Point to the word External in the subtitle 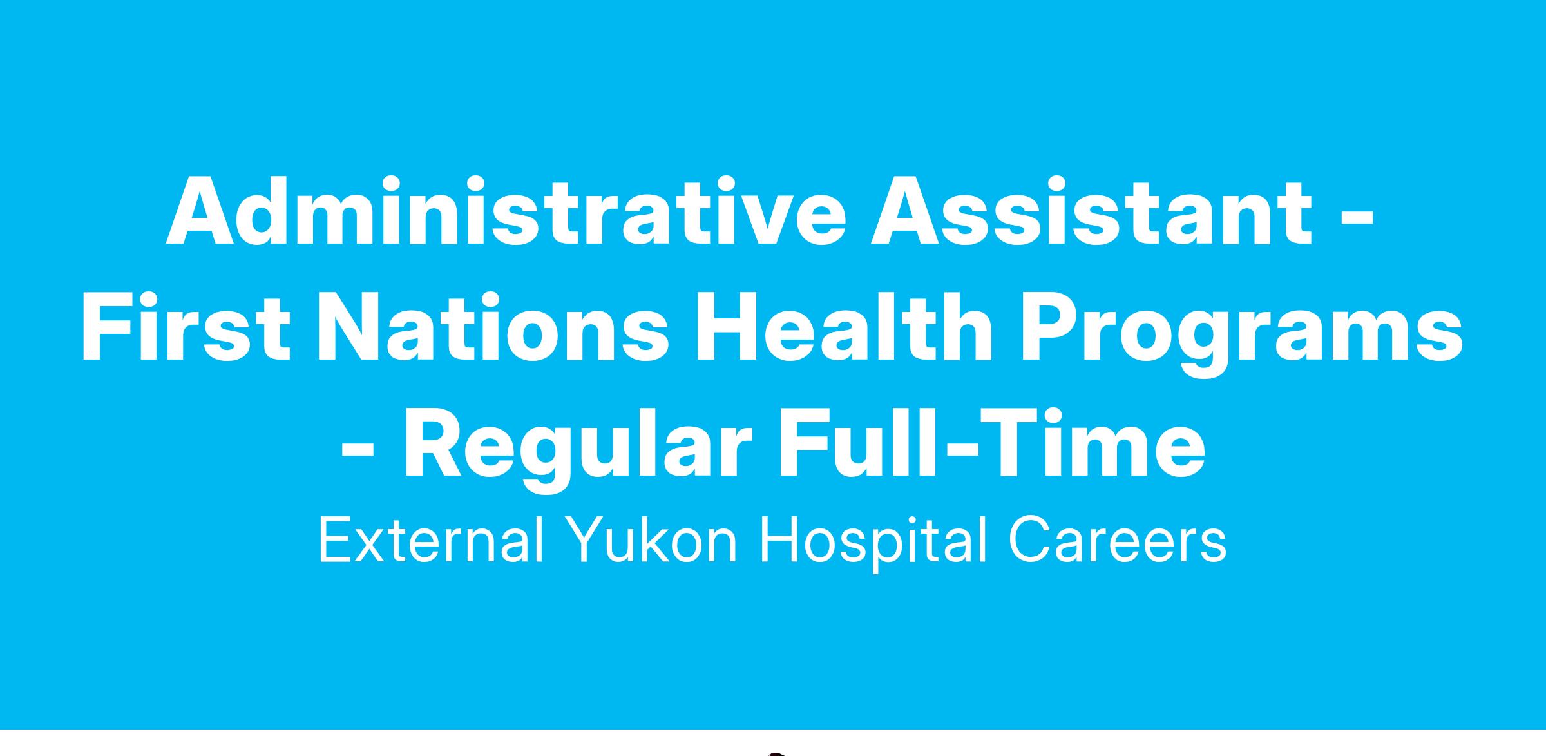pos(431,540)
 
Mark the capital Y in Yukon pos(591,540)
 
